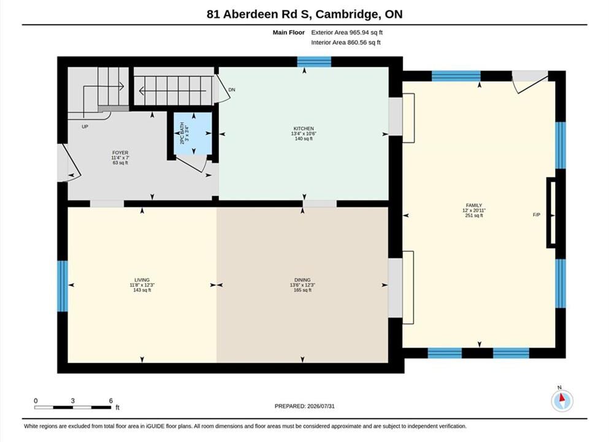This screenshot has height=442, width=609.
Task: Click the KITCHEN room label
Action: [304, 128]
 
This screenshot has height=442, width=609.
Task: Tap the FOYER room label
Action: [120, 153]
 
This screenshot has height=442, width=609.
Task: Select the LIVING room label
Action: [142, 280]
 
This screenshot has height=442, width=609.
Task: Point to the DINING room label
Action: [302, 280]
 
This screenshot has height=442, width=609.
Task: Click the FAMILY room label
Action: [474, 205]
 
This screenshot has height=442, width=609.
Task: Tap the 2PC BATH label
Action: [182, 133]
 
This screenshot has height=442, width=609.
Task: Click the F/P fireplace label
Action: [537, 215]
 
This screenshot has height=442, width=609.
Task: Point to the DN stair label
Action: [232, 90]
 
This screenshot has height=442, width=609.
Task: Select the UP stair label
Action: [85, 126]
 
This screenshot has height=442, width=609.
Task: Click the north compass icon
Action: [562, 400]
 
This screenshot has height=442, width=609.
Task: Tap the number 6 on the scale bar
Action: [110, 401]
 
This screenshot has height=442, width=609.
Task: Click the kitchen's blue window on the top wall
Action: [314, 62]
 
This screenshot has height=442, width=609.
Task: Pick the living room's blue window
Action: [63, 286]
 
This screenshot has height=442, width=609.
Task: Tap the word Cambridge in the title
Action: [347, 14]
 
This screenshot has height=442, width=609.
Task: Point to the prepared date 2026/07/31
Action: [321, 406]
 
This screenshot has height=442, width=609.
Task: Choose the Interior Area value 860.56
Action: [357, 42]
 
